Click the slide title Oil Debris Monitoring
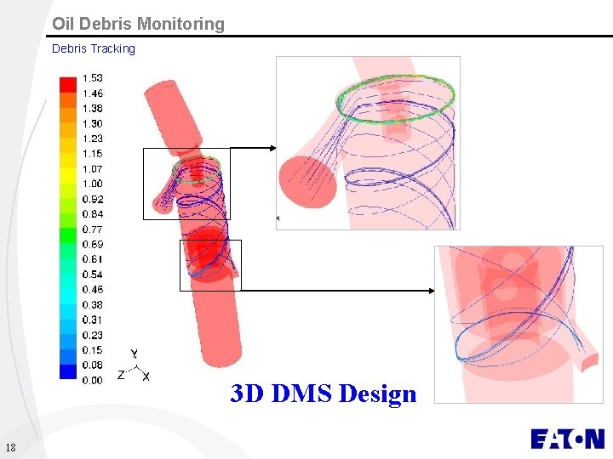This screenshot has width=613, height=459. click(138, 24)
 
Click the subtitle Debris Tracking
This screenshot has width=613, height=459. click(93, 48)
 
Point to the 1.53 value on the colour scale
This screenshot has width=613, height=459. click(92, 78)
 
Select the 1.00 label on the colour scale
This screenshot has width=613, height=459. click(92, 184)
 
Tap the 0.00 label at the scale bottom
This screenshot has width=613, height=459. click(92, 380)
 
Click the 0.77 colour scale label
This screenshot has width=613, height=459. click(92, 229)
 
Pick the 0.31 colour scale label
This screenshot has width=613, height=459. click(92, 320)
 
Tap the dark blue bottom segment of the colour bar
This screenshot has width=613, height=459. click(68, 371)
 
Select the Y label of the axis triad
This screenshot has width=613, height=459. click(135, 354)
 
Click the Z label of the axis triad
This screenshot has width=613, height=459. click(121, 374)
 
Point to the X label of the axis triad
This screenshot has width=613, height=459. click(146, 376)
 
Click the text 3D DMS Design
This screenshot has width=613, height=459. click(324, 394)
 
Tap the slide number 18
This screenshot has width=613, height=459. click(9, 448)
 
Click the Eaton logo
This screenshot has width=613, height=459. click(567, 439)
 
